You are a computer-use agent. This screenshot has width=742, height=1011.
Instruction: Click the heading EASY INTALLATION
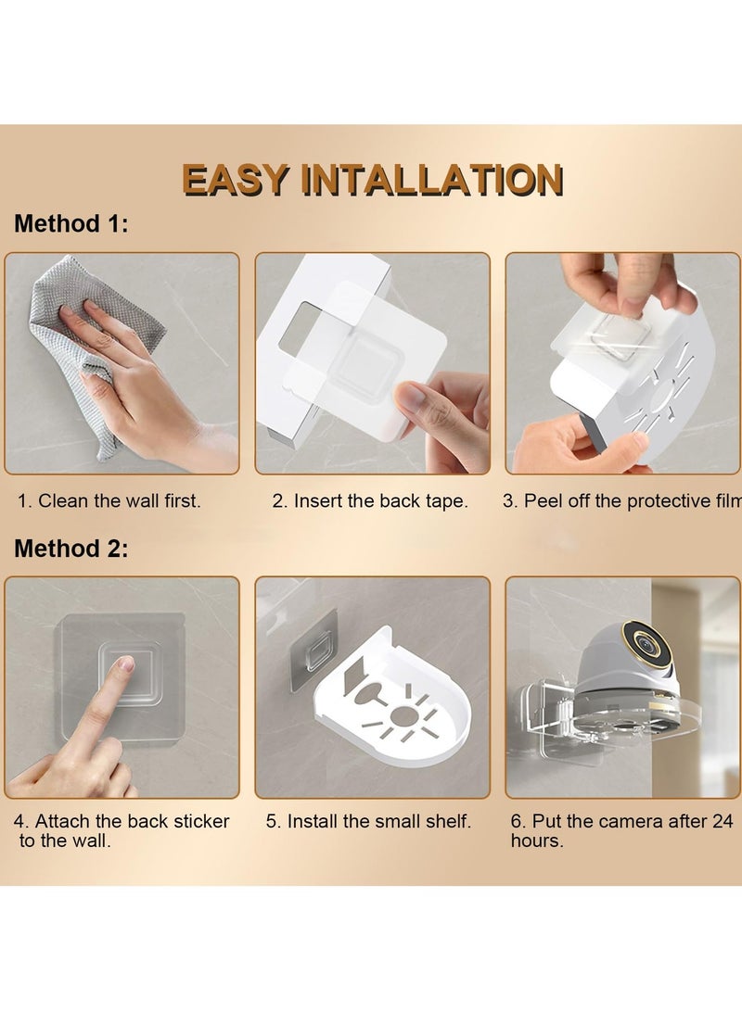(x=372, y=179)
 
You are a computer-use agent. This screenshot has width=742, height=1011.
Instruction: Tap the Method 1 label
(x=71, y=223)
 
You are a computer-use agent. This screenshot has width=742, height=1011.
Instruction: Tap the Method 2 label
(x=71, y=548)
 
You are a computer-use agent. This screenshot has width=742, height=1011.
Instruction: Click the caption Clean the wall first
(x=109, y=501)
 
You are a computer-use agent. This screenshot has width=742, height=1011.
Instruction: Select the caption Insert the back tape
(x=370, y=501)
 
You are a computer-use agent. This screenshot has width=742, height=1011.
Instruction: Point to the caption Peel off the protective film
(x=622, y=501)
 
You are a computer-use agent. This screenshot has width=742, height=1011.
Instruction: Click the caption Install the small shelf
(x=368, y=821)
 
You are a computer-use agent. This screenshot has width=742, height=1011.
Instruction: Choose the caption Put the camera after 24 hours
(x=622, y=830)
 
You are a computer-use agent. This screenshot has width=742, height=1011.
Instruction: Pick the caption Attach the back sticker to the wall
(x=122, y=830)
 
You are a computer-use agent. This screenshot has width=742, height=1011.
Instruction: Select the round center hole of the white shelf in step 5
(x=404, y=715)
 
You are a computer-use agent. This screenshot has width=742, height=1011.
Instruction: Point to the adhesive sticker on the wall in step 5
(x=314, y=650)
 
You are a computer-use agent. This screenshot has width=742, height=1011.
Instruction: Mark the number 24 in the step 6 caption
(x=722, y=821)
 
